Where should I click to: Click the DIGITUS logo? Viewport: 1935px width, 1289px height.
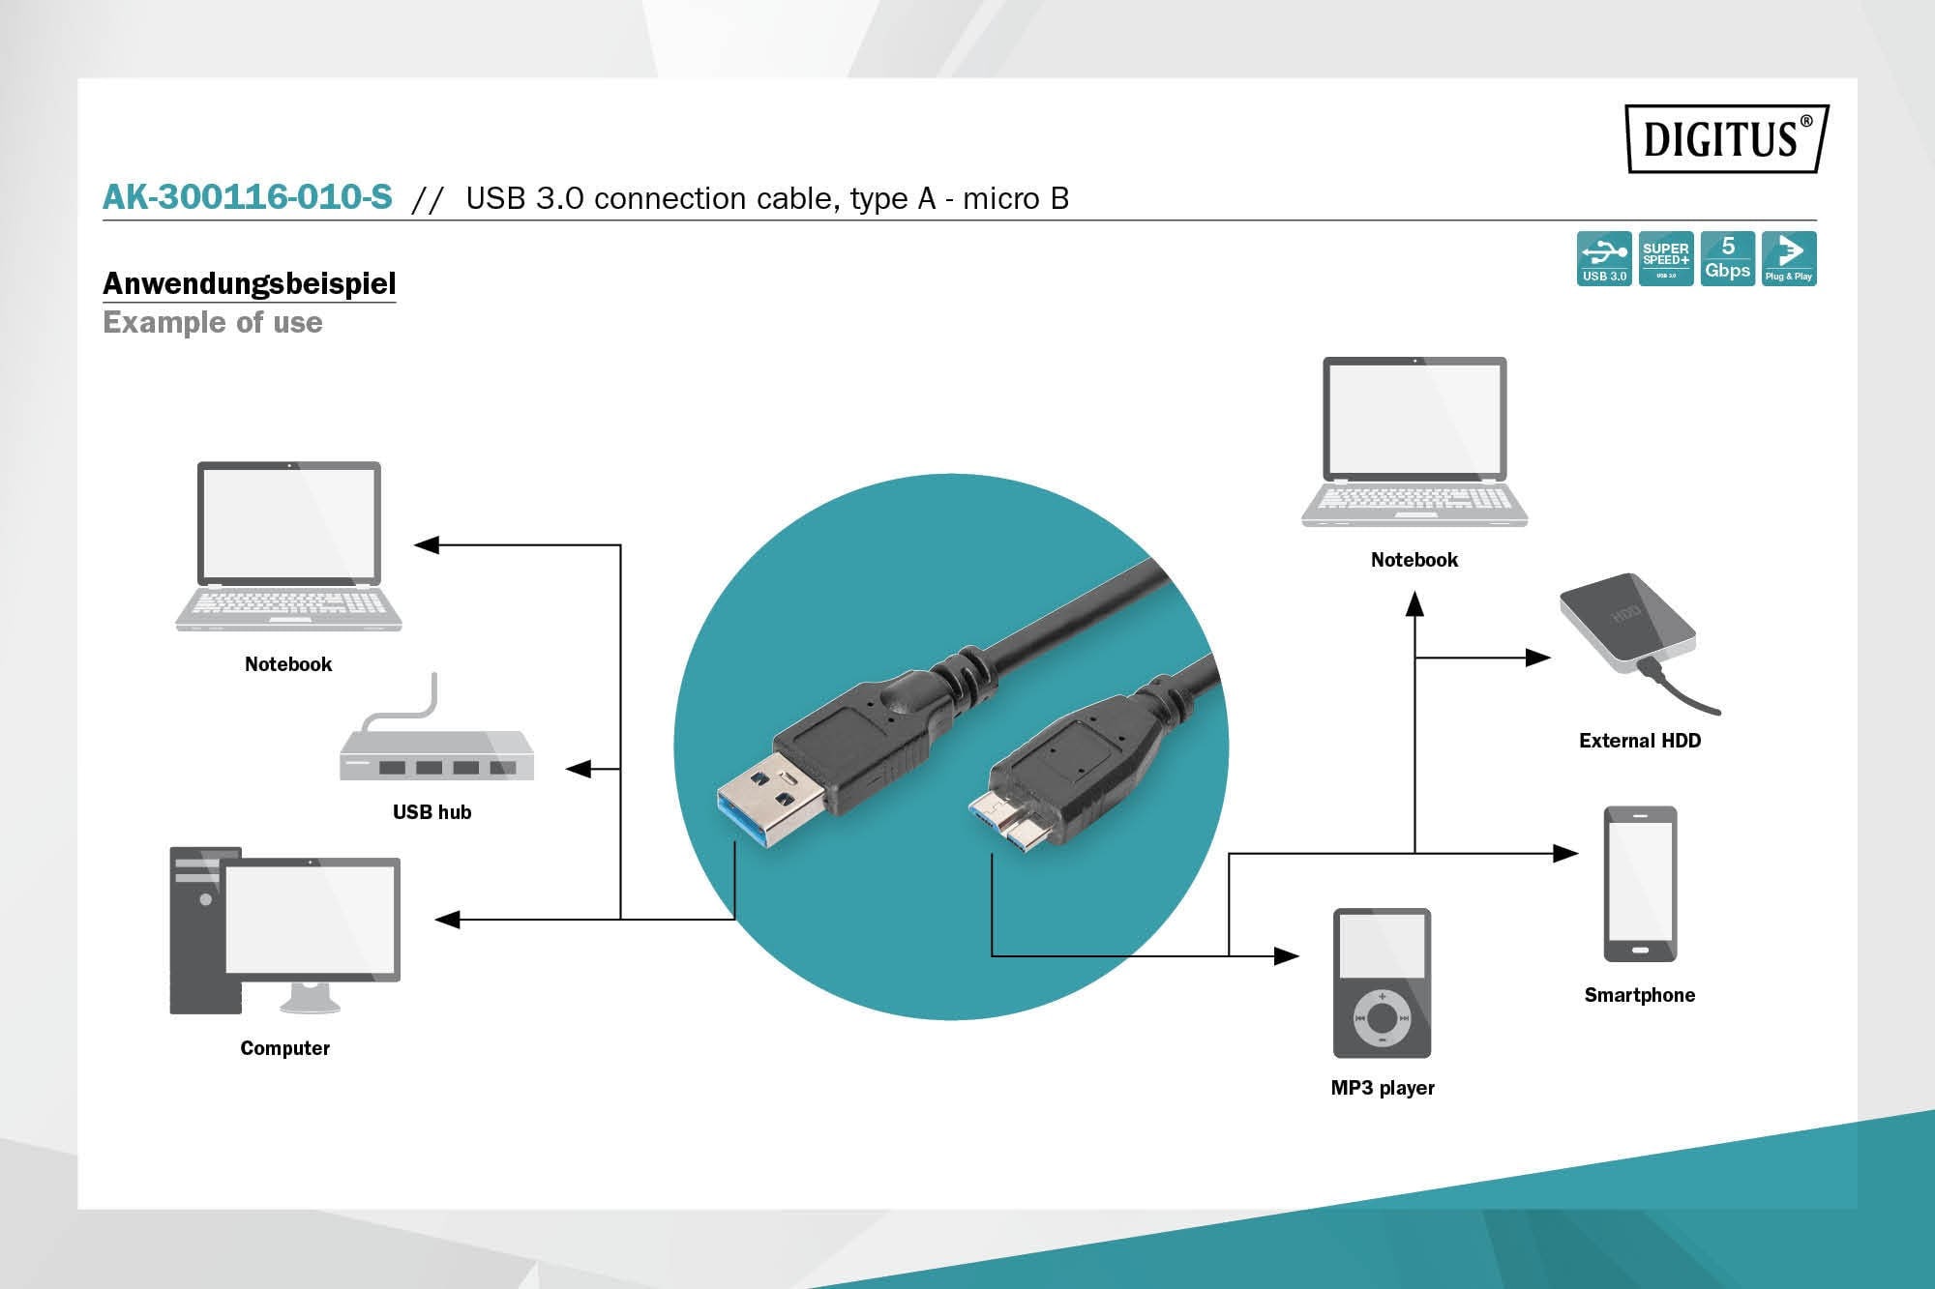coord(1725,138)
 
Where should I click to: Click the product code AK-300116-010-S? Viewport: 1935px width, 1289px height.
coord(248,197)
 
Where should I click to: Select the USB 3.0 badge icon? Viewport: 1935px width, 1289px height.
coord(1603,258)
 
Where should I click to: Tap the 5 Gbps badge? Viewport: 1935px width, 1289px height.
coord(1727,258)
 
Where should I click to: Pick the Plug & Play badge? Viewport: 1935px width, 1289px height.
coord(1788,258)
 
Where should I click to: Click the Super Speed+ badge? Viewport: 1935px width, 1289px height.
coord(1665,258)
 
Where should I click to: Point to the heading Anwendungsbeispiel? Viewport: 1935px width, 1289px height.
coord(249,283)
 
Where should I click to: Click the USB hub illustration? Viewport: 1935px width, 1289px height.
coord(435,754)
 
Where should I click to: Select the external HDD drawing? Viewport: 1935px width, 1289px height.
coord(1627,626)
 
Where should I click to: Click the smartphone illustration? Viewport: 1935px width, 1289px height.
coord(1640,884)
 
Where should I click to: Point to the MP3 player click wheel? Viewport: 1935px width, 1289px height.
coord(1382,1017)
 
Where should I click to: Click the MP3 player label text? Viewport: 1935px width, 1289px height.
coord(1382,1088)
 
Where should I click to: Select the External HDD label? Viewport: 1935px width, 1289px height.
coord(1639,741)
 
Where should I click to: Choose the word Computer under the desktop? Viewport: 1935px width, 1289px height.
coord(284,1048)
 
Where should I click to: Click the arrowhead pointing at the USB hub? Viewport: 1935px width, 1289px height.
coord(578,769)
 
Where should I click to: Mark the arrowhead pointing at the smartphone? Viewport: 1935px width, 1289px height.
coord(1564,853)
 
